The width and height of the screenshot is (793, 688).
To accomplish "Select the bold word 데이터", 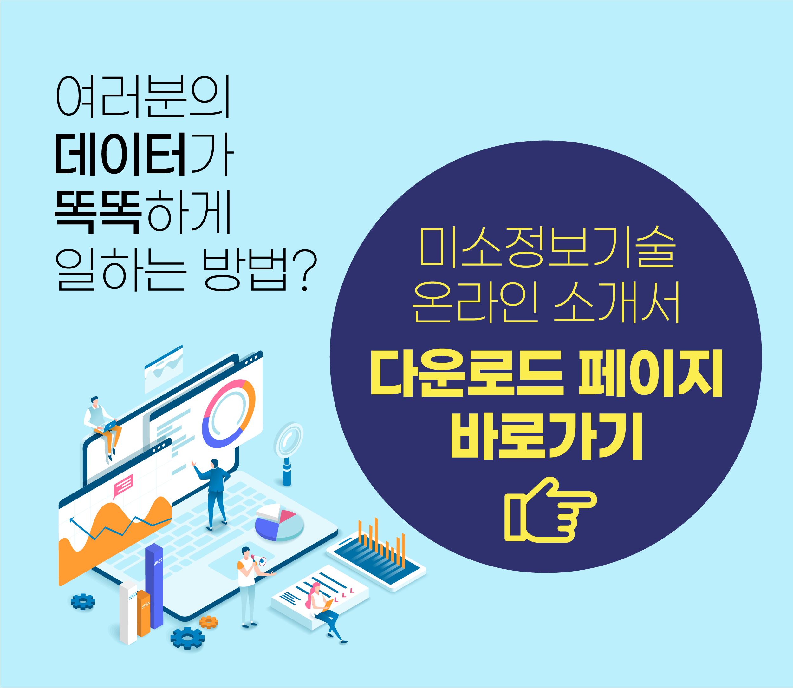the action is (120, 154).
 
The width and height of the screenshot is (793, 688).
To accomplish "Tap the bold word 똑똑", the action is (98, 212).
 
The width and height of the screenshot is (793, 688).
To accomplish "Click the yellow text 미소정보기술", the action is (548, 247).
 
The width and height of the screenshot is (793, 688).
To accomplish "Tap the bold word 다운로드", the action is (467, 373).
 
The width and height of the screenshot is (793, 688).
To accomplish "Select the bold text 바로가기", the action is (546, 436).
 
